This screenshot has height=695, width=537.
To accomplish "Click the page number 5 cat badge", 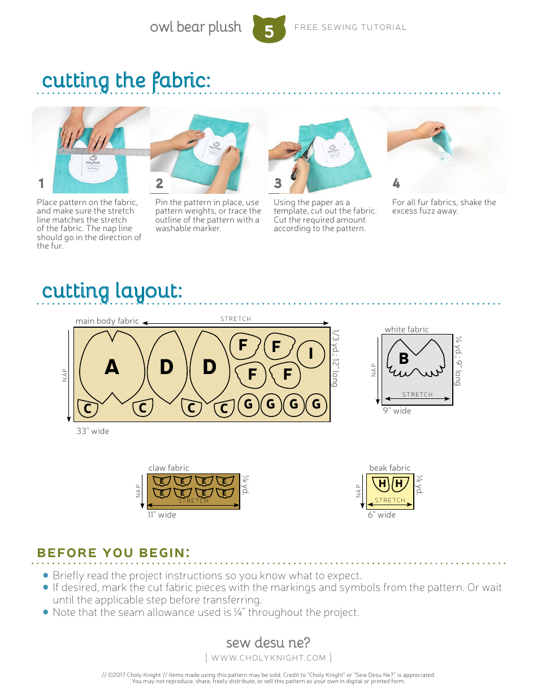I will click(x=268, y=30).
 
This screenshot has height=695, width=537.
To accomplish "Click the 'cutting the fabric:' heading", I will click(x=126, y=80).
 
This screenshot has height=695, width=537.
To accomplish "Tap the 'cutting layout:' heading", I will click(x=112, y=291).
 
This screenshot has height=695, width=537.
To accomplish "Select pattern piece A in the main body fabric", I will click(x=112, y=367).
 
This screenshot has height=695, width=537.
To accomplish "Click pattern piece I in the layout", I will click(x=310, y=353).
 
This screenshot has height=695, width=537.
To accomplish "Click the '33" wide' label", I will click(x=93, y=431).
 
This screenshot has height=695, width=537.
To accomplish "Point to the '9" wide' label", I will click(x=397, y=411).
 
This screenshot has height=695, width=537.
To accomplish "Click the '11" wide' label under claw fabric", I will click(x=162, y=515).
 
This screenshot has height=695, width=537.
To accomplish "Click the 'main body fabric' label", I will click(x=107, y=321).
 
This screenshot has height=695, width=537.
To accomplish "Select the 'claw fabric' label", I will click(x=168, y=468).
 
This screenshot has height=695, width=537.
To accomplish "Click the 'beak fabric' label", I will click(x=389, y=468).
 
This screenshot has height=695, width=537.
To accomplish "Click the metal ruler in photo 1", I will click(x=105, y=151).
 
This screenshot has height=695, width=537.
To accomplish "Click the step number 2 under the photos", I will click(x=159, y=183).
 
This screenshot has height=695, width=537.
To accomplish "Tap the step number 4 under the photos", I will click(x=396, y=183).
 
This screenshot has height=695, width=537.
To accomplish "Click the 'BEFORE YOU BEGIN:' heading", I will click(x=112, y=553).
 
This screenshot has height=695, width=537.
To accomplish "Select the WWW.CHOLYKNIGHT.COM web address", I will click(x=268, y=658).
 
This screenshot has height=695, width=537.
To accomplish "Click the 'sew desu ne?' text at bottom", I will click(x=268, y=642).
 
